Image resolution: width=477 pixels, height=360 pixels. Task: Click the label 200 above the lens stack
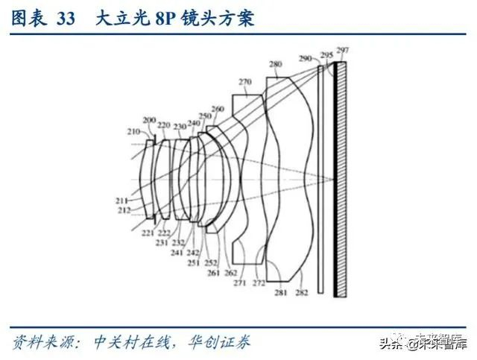tap(149, 120)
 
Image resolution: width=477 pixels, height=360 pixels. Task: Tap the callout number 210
tap(133, 132)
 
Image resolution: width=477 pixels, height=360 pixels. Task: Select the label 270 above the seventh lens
tap(245, 82)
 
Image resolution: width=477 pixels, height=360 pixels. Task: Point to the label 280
tap(276, 66)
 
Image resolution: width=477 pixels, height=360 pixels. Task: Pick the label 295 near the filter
tap(326, 55)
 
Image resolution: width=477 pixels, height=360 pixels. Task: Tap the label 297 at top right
tap(342, 50)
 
